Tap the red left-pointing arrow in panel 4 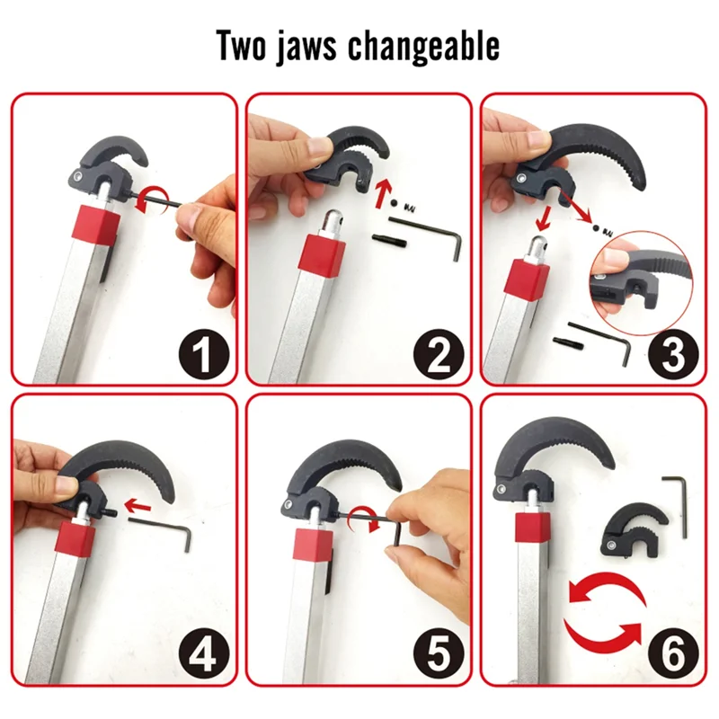(137, 507)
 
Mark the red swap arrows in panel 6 (603, 615)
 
